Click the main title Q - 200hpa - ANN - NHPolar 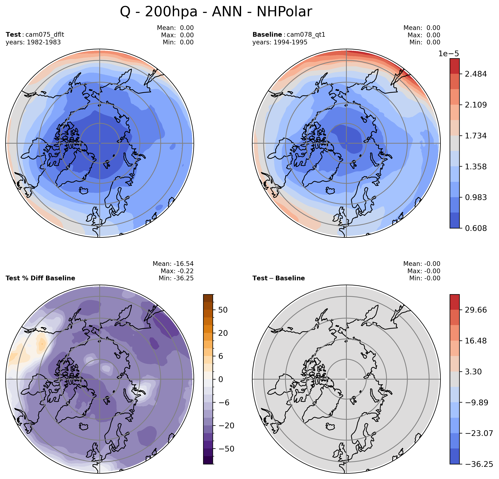click(216, 12)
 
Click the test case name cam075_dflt click(45, 35)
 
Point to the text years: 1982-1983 click(33, 42)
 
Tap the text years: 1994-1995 click(280, 42)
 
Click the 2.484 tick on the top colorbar click(476, 74)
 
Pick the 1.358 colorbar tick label click(476, 167)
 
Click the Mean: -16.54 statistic click(173, 264)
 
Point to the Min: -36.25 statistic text click(176, 278)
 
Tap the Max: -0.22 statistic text click(177, 271)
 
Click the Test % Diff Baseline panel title click(40, 278)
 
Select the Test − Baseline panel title click(278, 278)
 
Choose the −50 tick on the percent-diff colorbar click(225, 449)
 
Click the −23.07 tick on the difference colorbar click(479, 433)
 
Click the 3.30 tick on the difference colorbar click(474, 372)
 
